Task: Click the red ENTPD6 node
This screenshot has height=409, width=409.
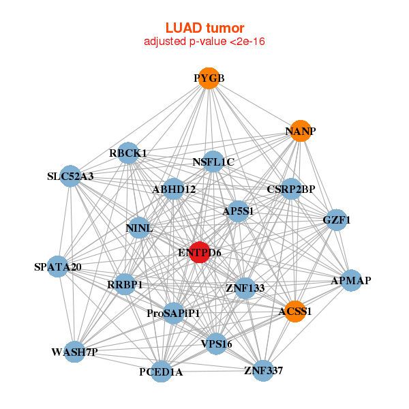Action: tap(199, 252)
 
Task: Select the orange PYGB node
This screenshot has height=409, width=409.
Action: tap(209, 78)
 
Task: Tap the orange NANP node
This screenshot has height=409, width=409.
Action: tap(301, 130)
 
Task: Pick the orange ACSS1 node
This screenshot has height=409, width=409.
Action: tap(295, 312)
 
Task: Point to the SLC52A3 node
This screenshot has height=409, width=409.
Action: tap(71, 176)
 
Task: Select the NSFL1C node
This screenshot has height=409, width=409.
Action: tap(213, 162)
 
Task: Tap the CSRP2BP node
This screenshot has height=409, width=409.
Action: tap(291, 189)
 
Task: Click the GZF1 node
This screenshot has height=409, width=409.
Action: tap(335, 219)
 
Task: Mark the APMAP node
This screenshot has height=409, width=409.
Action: tap(350, 280)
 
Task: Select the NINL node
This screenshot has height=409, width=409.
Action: tap(138, 227)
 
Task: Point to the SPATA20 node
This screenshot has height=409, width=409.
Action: tap(59, 266)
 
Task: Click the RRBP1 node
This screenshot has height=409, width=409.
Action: tap(125, 284)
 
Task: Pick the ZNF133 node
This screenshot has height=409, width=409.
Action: tap(245, 288)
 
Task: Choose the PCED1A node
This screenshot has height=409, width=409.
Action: tap(161, 372)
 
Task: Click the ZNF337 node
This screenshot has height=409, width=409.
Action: tap(263, 370)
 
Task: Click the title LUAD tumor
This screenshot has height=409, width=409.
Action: tap(204, 28)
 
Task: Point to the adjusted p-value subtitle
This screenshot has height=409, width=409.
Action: tap(204, 42)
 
